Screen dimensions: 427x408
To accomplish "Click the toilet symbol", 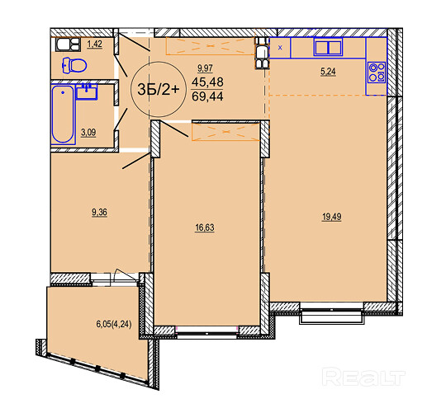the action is click(x=74, y=65).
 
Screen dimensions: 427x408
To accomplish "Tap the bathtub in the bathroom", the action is click(x=63, y=114).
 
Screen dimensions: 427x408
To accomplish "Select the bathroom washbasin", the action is click(x=87, y=91).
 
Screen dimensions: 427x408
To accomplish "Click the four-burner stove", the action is click(x=377, y=73).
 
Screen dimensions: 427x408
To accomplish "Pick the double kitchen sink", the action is click(x=328, y=47).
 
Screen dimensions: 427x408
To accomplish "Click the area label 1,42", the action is click(x=94, y=44).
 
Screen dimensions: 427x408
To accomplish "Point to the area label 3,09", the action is click(x=88, y=133).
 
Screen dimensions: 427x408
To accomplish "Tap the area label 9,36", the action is click(x=99, y=213).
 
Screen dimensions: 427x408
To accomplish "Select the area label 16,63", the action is click(x=205, y=227).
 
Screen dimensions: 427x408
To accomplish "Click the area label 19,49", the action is click(x=332, y=217).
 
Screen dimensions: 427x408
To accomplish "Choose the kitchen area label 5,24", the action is click(x=328, y=72).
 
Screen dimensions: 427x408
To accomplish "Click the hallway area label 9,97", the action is click(x=205, y=68).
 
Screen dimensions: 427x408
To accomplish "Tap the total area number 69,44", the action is click(x=207, y=96).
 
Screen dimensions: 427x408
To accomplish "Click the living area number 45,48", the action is click(x=207, y=82).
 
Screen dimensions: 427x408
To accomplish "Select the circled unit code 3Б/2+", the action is click(x=159, y=89).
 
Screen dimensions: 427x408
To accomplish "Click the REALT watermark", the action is click(x=363, y=377).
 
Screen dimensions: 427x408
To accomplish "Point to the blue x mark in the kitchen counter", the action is click(x=280, y=48).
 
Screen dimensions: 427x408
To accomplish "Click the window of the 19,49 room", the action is click(x=332, y=312).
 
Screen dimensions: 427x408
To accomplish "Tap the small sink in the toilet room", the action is click(x=68, y=45).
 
